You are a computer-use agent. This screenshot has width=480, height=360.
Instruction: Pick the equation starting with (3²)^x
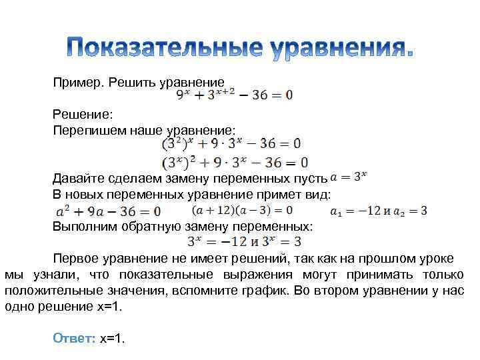tap(231, 143)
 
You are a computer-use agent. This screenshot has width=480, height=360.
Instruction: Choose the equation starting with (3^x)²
tap(235, 162)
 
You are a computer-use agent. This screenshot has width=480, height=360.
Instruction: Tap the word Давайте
tap(79, 179)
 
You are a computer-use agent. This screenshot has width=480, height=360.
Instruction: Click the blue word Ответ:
tap(75, 339)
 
